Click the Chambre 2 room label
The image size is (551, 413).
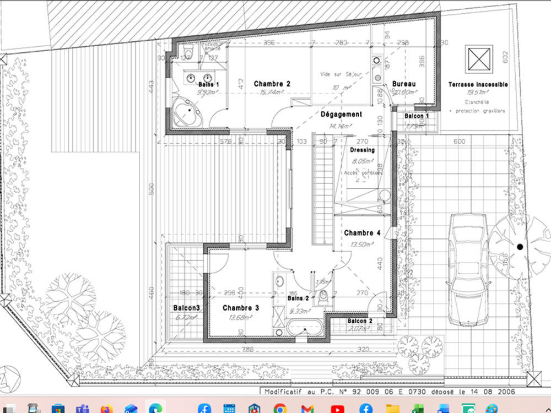pyautogui.click(x=272, y=84)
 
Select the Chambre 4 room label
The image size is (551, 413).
pyautogui.click(x=362, y=233)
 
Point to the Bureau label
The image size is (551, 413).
pyautogui.click(x=404, y=84)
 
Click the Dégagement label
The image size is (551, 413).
pyautogui.click(x=341, y=115)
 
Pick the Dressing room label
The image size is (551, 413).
pyautogui.click(x=362, y=150)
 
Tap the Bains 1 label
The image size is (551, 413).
pyautogui.click(x=209, y=84)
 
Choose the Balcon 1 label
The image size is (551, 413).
pyautogui.click(x=417, y=117)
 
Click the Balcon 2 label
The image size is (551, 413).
pyautogui.click(x=359, y=320)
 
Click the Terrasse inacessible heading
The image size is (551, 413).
pyautogui.click(x=478, y=85)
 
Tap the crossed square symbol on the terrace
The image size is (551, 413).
pyautogui.click(x=478, y=58)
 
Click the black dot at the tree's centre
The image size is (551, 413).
pyautogui.click(x=520, y=247)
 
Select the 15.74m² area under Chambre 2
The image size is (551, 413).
pyautogui.click(x=272, y=93)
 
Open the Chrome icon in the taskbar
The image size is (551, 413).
pyautogui.click(x=280, y=408)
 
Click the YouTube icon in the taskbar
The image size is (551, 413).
pyautogui.click(x=338, y=408)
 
